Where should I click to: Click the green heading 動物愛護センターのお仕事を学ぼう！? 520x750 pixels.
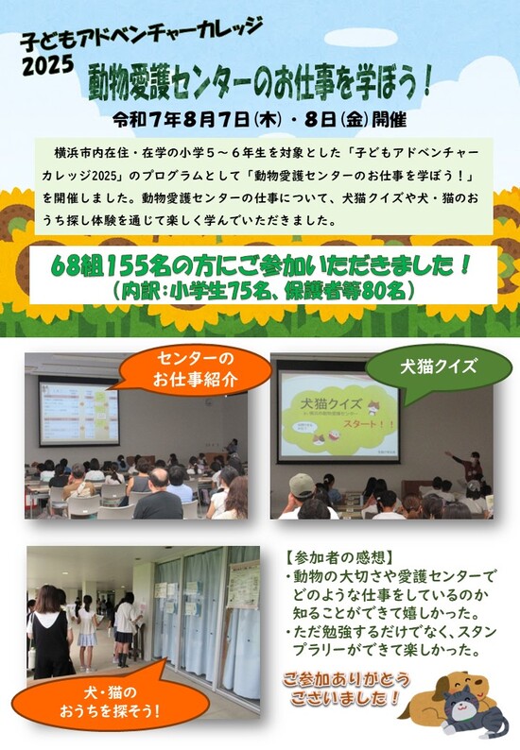click(x=261, y=86)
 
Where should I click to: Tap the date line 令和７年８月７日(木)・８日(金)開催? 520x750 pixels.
click(x=259, y=121)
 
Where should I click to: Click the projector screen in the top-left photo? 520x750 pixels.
click(x=78, y=413)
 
